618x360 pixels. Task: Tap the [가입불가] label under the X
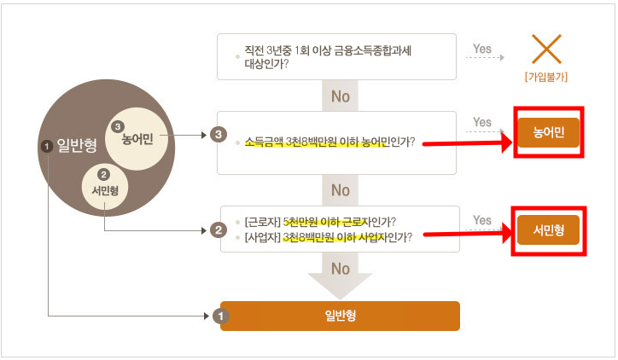[x=546, y=77]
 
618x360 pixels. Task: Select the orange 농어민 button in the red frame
[x=547, y=132]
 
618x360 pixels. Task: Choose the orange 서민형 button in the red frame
[x=547, y=230]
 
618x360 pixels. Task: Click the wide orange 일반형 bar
[x=340, y=316]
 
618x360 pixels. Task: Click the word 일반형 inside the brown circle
[x=75, y=146]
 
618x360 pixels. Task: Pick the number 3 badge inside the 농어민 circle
[x=119, y=126]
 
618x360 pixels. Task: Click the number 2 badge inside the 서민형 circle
[x=104, y=175]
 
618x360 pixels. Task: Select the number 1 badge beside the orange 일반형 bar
[x=220, y=316]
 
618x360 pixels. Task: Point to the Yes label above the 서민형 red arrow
[x=482, y=221]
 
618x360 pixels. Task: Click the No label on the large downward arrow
[x=340, y=270]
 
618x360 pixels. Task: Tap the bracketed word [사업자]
[x=261, y=238]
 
